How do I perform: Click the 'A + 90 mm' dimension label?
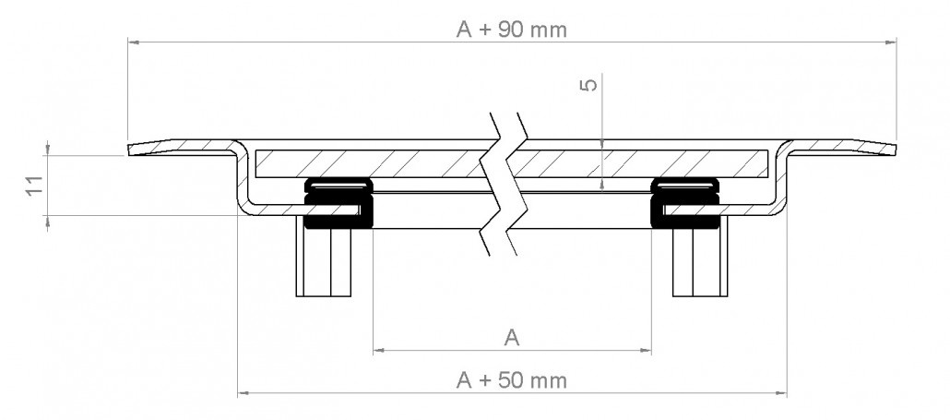(512, 30)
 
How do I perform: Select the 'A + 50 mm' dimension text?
(512, 380)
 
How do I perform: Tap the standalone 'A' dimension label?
(512, 338)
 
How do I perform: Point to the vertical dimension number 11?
(34, 186)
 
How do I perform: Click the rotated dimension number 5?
(588, 84)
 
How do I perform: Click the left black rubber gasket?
(338, 203)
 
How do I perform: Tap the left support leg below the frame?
(324, 257)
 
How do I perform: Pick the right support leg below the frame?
(700, 257)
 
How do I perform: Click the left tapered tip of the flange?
(128, 150)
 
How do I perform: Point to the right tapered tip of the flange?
(896, 150)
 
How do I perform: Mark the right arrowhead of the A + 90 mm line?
(891, 42)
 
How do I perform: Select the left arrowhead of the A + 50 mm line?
(243, 393)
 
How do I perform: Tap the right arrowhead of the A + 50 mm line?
(780, 393)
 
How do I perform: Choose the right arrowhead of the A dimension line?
(645, 350)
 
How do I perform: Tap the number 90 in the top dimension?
(511, 30)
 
